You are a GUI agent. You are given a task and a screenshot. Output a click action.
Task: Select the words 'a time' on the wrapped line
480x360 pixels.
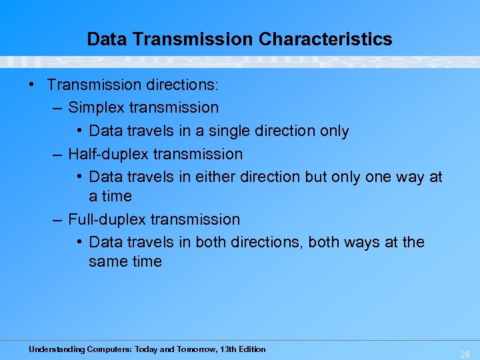point(110,196)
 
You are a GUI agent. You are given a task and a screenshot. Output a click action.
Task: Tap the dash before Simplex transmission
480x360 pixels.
point(58,107)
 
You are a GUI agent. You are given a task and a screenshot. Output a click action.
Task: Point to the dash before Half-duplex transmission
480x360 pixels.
point(58,154)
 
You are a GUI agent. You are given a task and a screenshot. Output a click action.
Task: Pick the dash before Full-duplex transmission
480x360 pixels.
point(58,219)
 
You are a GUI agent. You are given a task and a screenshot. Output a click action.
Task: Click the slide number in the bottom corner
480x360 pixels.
point(465,355)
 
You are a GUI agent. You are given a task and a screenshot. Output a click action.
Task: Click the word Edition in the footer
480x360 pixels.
point(253,349)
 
